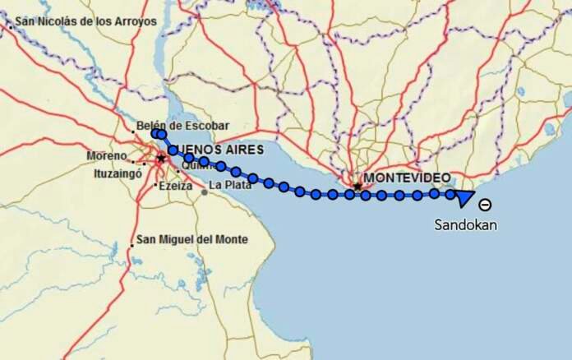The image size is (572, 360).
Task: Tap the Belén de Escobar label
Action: tap(182, 126)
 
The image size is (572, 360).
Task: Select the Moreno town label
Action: tap(107, 155)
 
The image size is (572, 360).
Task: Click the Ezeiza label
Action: tap(176, 186)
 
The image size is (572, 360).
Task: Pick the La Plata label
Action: tap(228, 186)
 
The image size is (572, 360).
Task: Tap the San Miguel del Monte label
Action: tap(191, 240)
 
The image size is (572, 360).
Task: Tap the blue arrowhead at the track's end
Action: tap(464, 196)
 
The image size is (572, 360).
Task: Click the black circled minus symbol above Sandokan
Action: tap(486, 205)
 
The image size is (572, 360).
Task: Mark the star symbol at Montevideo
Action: tap(357, 187)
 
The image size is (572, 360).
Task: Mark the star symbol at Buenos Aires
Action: tap(161, 158)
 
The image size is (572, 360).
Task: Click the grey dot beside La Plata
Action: tap(204, 192)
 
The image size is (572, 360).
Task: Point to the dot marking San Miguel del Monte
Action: tap(131, 244)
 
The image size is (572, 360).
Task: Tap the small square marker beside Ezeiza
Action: tap(156, 186)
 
